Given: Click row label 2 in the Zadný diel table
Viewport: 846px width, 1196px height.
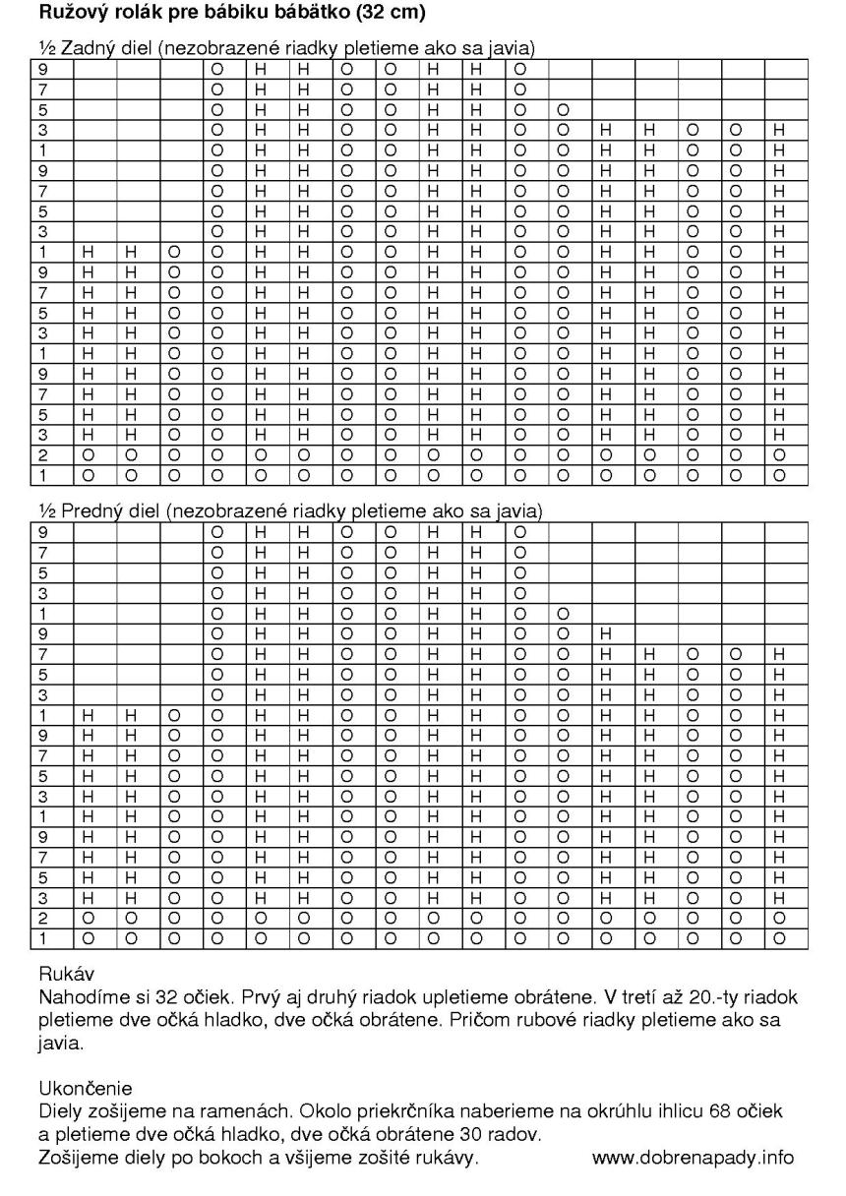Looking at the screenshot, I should click(43, 456).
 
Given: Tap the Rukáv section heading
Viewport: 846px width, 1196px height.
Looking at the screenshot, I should click(62, 976).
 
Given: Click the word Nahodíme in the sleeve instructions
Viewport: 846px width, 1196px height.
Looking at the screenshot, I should click(80, 997).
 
